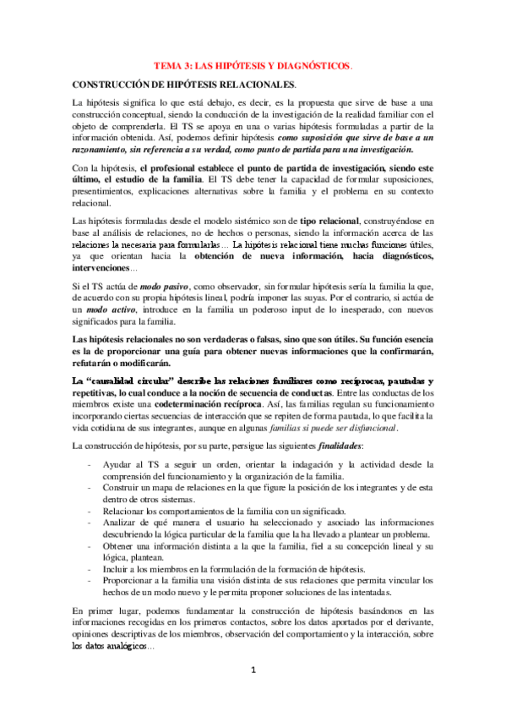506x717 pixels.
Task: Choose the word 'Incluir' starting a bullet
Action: click(x=117, y=570)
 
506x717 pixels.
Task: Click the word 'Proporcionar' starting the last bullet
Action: click(x=132, y=582)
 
